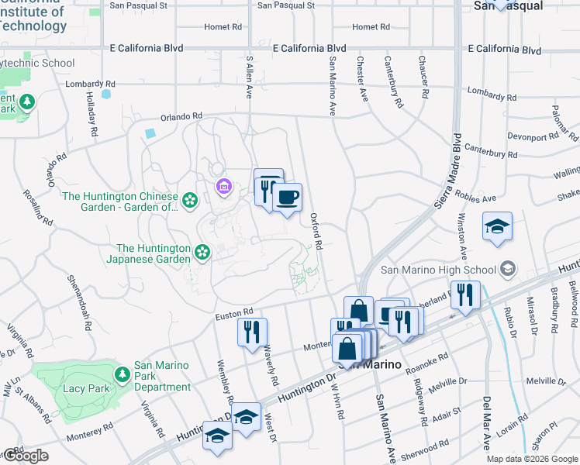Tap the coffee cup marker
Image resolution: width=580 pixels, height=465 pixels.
coord(287,198)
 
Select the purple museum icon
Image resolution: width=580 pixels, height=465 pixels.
coord(223,186)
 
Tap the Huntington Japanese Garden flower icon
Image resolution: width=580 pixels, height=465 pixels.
coord(202,252)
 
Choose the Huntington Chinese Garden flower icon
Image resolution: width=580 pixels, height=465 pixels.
coord(190,201)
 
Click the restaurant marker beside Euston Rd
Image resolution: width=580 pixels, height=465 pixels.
coord(252,332)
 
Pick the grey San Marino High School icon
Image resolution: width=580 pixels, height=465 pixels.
coord(508,269)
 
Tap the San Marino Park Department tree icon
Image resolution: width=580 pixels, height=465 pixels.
coord(123,375)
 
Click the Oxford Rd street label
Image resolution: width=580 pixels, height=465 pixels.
coord(316,231)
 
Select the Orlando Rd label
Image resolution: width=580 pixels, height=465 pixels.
coord(181,117)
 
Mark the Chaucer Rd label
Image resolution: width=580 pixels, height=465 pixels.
coord(423,77)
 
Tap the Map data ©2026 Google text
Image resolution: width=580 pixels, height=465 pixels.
coord(531,459)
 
